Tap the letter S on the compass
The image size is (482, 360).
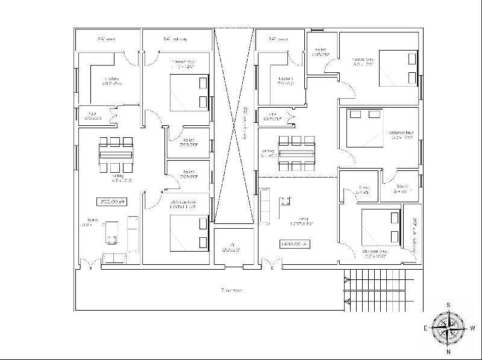pyautogui.click(x=448, y=305)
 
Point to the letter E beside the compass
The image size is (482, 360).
pyautogui.click(x=425, y=328)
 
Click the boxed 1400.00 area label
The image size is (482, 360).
pyautogui.click(x=293, y=244)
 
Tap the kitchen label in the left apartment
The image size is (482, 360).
pyautogui.click(x=111, y=81)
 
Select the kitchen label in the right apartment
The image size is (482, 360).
pyautogui.click(x=285, y=81)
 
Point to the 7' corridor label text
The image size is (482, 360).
pyautogui.click(x=231, y=290)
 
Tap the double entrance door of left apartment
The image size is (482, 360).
pyautogui.click(x=90, y=263)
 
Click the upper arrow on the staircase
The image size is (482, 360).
pyautogui.click(x=346, y=280)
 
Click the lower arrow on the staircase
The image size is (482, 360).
pyautogui.click(x=346, y=299)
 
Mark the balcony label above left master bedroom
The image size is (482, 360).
pyautogui.click(x=175, y=40)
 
